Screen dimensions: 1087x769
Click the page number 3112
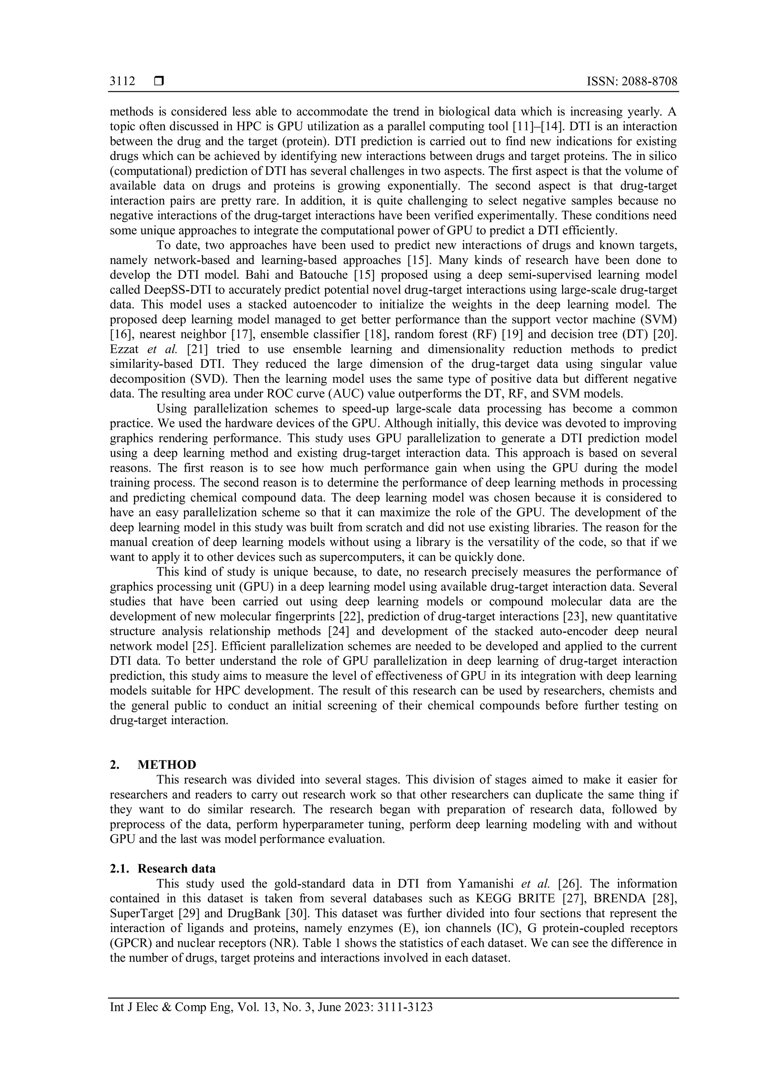coord(122,81)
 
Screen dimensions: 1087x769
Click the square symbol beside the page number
coord(158,81)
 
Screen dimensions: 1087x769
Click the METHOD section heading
coord(167,765)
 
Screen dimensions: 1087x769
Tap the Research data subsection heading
coord(176,869)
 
